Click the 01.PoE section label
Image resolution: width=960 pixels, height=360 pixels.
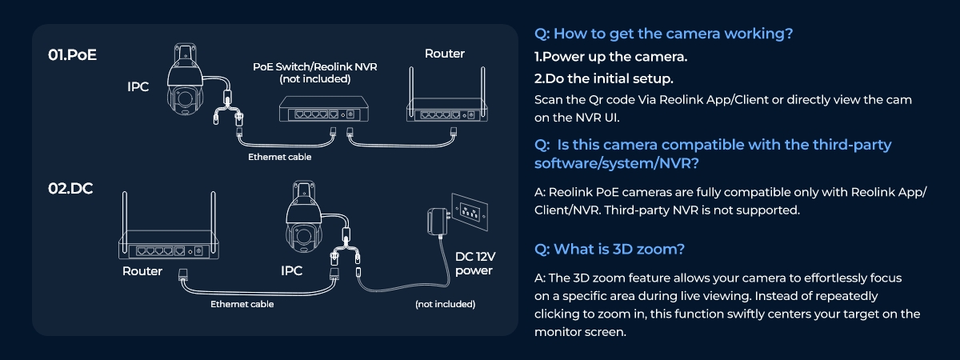coord(73,57)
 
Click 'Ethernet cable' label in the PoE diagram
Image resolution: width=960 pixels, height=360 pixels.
coord(279,157)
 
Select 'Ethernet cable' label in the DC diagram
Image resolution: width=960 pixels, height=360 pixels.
coord(242,304)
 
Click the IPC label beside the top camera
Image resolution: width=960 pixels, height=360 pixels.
coord(138,86)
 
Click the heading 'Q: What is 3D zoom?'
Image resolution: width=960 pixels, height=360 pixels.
coord(609,249)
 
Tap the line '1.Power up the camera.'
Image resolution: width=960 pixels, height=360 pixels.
coord(611,58)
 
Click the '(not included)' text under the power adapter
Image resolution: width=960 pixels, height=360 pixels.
coord(445,304)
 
